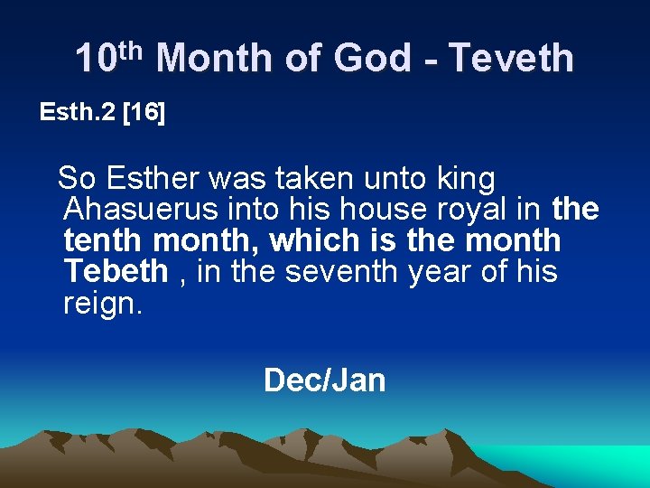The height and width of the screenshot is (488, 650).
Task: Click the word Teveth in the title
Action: point(511,59)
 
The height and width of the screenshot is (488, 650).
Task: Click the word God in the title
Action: point(372,59)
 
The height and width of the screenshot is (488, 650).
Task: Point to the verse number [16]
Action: point(144,113)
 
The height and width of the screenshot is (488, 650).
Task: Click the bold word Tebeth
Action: point(116,271)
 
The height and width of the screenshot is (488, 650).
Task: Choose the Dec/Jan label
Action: point(324,380)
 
